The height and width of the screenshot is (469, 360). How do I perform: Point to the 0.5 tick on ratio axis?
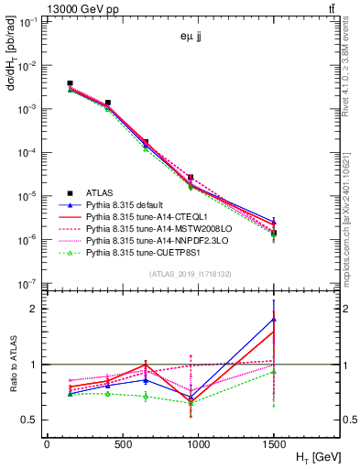click(34, 420)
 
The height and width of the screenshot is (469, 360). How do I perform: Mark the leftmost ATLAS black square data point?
click(70, 83)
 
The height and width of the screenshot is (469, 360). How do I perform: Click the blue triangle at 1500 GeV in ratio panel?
click(274, 319)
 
